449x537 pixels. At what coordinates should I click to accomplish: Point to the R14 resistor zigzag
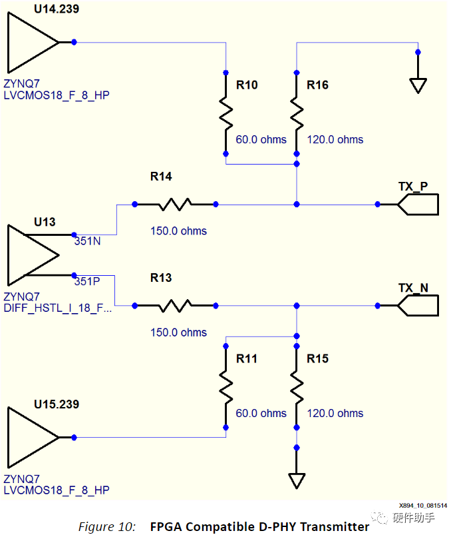(175, 204)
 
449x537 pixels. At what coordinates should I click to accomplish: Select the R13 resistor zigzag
(175, 305)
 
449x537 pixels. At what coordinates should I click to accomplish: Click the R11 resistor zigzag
(226, 386)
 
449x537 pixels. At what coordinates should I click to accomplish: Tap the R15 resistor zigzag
(297, 386)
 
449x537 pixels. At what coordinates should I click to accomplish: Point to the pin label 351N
(87, 241)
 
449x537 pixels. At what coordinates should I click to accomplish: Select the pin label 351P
(87, 281)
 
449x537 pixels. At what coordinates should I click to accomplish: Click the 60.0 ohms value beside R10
(261, 140)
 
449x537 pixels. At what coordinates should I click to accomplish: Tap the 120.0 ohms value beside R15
(335, 413)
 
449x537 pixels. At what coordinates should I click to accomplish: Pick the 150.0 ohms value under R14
(178, 231)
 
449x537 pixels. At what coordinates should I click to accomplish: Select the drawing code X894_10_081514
(422, 506)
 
